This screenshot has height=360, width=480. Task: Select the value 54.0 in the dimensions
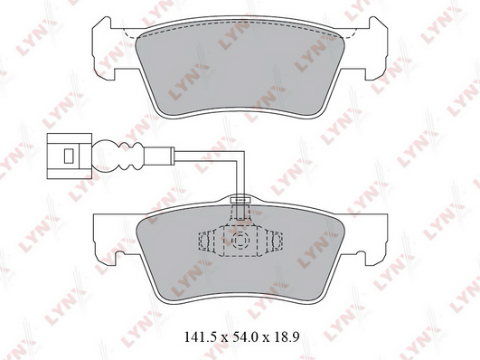[242, 336]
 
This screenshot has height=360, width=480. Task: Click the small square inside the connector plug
[69, 156]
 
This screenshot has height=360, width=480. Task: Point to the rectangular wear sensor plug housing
[70, 156]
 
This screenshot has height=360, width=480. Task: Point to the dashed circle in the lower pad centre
[240, 240]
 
